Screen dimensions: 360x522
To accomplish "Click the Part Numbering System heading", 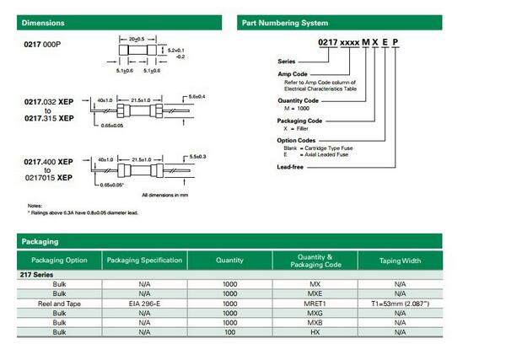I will [284, 23].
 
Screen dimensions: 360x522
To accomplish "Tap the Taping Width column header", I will [400, 261].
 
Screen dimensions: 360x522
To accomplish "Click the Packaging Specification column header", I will [144, 261].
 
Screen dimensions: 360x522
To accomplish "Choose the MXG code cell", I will [315, 312].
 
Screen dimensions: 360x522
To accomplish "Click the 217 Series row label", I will [38, 275].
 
